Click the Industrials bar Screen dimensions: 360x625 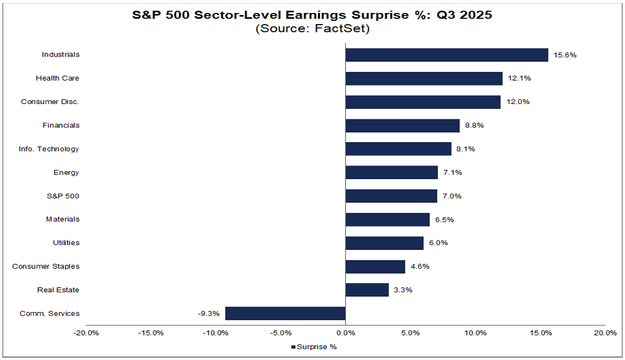[447, 55]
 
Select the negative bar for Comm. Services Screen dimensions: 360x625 [285, 313]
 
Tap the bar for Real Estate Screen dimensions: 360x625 [367, 290]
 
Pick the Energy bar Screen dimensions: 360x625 [392, 172]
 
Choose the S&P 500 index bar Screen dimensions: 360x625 [391, 196]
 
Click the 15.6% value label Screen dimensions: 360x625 [565, 55]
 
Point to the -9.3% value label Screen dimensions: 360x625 [209, 313]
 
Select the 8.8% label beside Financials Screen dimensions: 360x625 [475, 126]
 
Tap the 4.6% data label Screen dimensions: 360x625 [420, 266]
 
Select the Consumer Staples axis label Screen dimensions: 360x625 [46, 266]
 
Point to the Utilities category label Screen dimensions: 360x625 [66, 242]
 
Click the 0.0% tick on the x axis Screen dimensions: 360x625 [346, 333]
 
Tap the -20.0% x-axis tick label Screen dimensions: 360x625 [86, 333]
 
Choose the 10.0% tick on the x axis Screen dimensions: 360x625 [476, 333]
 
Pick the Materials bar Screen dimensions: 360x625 [388, 219]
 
